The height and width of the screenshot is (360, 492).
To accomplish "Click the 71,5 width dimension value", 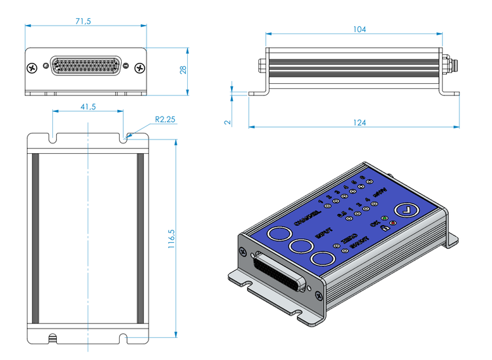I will (83, 21).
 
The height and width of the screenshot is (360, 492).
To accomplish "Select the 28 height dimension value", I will (183, 69).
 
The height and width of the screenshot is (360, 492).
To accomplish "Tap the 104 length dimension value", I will (359, 29).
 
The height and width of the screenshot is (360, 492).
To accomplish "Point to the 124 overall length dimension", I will (359, 122).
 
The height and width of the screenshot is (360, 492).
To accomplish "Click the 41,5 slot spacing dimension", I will (88, 106).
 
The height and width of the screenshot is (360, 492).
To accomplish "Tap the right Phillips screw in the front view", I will (139, 67).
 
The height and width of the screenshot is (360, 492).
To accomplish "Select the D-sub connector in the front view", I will (86, 67).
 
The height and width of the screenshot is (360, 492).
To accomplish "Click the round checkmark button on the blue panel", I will (408, 210).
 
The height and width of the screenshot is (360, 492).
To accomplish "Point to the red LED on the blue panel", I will (393, 224).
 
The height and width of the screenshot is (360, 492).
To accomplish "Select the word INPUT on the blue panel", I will (325, 232).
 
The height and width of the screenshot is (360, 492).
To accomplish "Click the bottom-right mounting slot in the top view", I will (124, 338).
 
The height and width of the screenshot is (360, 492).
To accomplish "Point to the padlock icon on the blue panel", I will (383, 228).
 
